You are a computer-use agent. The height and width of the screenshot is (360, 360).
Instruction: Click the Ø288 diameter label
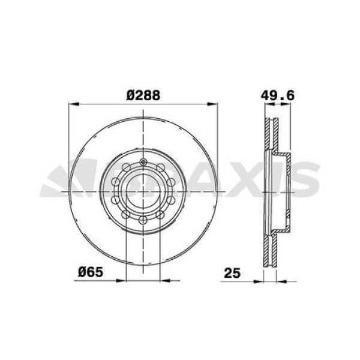pyautogui.click(x=143, y=94)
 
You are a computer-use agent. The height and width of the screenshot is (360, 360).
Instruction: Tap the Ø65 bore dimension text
pyautogui.click(x=90, y=271)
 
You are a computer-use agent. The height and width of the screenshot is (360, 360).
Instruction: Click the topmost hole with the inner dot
pyautogui.click(x=143, y=163)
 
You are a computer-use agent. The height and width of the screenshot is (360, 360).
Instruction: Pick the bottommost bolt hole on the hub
pyautogui.click(x=143, y=223)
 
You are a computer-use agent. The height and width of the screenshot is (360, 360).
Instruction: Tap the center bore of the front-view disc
pyautogui.click(x=143, y=193)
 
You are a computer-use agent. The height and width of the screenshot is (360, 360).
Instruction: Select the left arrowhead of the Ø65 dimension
pyautogui.click(x=121, y=280)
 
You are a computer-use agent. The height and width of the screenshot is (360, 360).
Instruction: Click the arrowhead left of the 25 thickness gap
pyautogui.click(x=259, y=280)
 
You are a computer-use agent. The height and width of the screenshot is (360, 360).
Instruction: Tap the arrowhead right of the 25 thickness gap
pyautogui.click(x=280, y=280)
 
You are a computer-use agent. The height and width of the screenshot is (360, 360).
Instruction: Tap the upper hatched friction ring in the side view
pyautogui.click(x=269, y=135)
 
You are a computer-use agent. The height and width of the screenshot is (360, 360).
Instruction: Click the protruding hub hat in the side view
pyautogui.click(x=286, y=192)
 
